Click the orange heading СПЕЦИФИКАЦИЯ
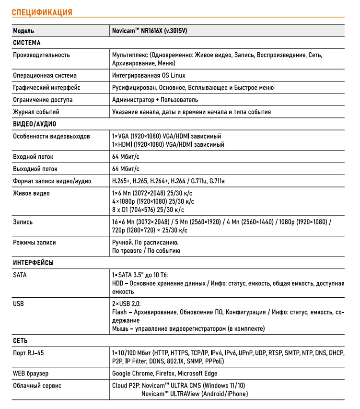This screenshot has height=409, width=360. pos(42,12)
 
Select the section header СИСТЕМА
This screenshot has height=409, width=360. pos(27,43)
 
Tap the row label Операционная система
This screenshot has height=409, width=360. pos(45,76)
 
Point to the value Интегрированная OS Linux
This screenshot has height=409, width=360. pos(149,76)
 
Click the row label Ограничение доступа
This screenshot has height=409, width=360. pos(43,100)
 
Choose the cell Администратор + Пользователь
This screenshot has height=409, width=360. pos(155,100)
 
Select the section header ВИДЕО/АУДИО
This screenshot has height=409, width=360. pos(35,124)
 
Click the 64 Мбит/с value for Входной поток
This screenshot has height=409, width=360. pos(126,157)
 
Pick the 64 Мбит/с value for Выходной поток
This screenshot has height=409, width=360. pos(126,169)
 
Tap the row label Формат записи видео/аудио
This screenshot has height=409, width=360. pos(52,181)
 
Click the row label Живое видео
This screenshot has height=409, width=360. pos(32,193)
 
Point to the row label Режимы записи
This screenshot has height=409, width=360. pos(35,243)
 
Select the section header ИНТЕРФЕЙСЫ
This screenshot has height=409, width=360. pos(34,263)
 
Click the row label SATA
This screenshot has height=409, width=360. pos(20,275)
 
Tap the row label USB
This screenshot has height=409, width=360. pos(19,304)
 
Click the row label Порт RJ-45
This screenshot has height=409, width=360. pos(31,353)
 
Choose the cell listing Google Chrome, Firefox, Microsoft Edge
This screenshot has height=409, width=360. pos(164,374)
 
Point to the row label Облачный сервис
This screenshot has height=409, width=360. pos(37,386)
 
